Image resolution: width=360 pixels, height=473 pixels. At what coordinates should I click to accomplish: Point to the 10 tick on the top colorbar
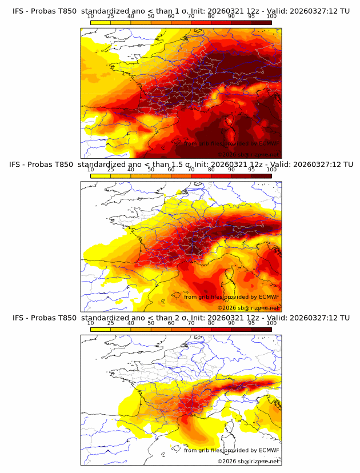tap(91, 17)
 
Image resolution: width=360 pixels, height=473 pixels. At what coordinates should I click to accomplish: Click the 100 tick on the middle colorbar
tap(271, 170)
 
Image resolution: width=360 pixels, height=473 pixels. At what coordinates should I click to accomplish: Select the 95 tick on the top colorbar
tap(251, 17)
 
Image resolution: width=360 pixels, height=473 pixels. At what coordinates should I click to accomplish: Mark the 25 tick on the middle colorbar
tap(111, 170)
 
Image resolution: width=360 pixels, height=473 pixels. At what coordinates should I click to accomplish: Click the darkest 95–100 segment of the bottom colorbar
tap(261, 329)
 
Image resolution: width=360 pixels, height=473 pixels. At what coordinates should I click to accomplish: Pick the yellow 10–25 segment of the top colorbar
tap(101, 22)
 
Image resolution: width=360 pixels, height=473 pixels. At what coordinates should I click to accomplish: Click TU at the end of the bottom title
tap(345, 318)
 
